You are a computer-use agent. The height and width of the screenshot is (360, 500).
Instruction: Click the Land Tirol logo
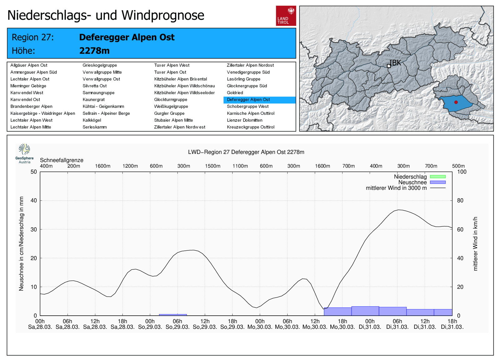(x=286, y=16)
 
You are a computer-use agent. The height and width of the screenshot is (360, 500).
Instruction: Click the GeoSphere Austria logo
(x=24, y=153)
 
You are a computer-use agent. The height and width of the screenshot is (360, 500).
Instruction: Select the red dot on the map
(x=456, y=102)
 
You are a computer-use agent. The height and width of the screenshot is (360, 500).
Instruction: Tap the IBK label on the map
(x=395, y=63)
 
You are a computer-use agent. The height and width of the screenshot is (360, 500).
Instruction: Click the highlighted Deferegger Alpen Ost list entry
(x=248, y=100)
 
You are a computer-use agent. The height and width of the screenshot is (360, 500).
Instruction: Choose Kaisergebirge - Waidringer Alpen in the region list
(x=43, y=113)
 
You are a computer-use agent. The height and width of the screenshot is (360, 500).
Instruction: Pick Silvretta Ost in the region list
(x=95, y=86)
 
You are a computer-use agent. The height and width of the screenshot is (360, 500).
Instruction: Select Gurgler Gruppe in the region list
(x=169, y=113)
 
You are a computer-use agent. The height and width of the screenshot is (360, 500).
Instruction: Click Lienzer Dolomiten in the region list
(x=245, y=120)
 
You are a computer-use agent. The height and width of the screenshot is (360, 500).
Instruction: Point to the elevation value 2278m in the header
(x=94, y=51)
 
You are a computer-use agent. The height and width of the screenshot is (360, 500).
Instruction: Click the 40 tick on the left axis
(x=34, y=200)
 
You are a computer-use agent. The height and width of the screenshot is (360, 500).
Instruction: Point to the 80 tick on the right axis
(x=460, y=200)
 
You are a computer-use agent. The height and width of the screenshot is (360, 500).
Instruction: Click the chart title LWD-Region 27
(x=246, y=152)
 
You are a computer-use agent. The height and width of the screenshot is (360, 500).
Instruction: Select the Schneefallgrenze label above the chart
(x=62, y=160)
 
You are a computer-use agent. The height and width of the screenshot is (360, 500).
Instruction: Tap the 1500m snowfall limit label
(x=212, y=166)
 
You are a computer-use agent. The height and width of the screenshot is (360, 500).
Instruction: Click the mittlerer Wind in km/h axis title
(x=475, y=244)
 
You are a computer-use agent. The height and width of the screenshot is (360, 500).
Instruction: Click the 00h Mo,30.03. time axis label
(x=260, y=324)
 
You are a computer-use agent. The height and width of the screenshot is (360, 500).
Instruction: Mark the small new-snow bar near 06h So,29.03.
(x=173, y=315)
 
